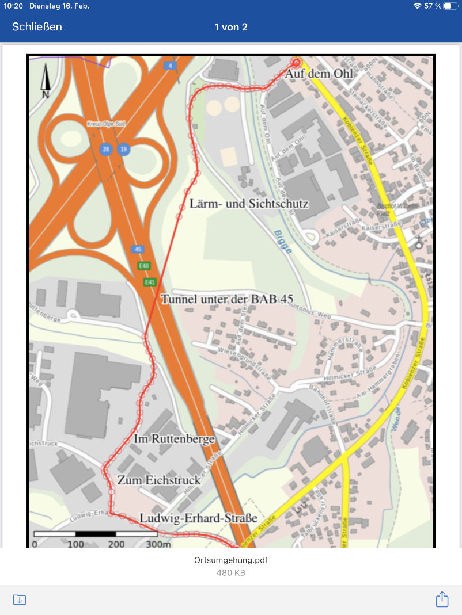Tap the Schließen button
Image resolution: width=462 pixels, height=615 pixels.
pyautogui.click(x=37, y=27)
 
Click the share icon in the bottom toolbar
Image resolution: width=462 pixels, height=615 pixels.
pyautogui.click(x=442, y=599)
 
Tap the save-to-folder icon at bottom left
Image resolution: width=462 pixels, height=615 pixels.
pyautogui.click(x=20, y=599)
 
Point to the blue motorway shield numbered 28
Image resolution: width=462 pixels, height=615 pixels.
pyautogui.click(x=105, y=150)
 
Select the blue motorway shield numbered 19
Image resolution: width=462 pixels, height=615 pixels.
pyautogui.click(x=123, y=150)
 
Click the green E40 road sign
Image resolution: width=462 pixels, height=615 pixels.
pyautogui.click(x=143, y=266)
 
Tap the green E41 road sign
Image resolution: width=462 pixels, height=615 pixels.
pyautogui.click(x=150, y=282)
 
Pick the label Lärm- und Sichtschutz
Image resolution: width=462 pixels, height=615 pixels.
pyautogui.click(x=249, y=204)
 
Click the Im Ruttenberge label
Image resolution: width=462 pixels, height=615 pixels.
pyautogui.click(x=174, y=439)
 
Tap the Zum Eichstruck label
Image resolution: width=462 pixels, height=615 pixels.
pyautogui.click(x=159, y=480)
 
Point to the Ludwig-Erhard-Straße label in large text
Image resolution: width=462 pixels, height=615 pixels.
pyautogui.click(x=198, y=518)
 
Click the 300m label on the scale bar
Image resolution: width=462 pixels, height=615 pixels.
pyautogui.click(x=158, y=544)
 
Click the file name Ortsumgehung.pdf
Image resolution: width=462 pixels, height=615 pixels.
pyautogui.click(x=231, y=560)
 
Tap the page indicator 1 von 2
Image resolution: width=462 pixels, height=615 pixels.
pyautogui.click(x=231, y=27)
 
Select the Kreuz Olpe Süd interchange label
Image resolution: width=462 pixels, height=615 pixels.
pyautogui.click(x=105, y=124)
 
